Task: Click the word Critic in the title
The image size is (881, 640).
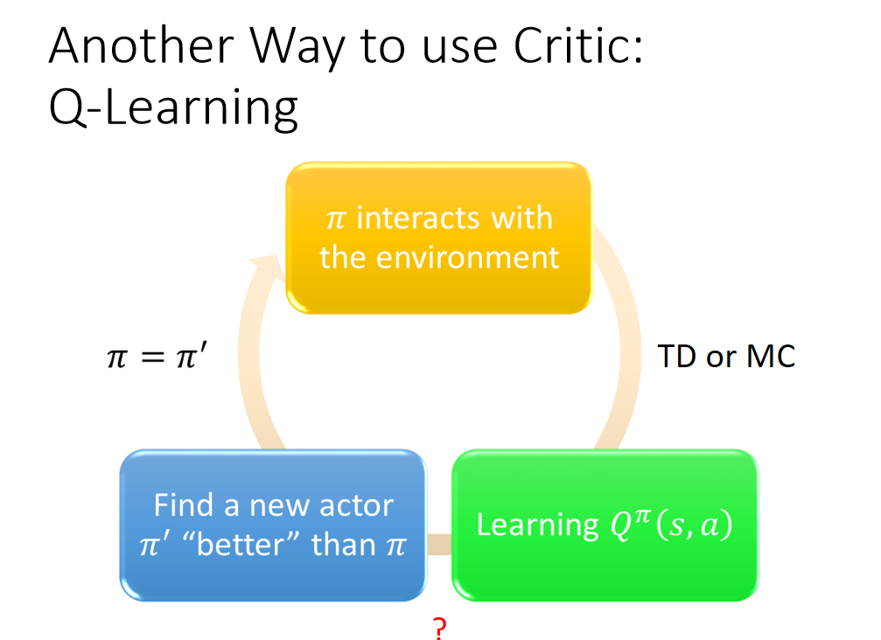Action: (x=578, y=46)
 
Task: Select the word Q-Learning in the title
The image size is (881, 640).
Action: (x=173, y=108)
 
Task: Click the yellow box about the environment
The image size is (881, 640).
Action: (x=439, y=238)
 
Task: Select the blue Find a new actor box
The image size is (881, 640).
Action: (x=273, y=525)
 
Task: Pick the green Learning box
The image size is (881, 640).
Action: (x=605, y=525)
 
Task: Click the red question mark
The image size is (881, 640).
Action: (x=440, y=629)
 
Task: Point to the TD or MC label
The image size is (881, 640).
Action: (x=726, y=356)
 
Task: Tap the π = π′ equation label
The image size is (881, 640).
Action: (x=157, y=356)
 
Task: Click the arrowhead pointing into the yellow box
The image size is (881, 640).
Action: (x=266, y=266)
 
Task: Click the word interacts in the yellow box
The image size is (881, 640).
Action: (x=418, y=218)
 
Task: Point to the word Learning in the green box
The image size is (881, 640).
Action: (x=537, y=525)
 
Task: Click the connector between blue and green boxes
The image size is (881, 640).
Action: (x=439, y=544)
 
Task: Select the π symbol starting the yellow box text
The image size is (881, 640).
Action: (x=335, y=219)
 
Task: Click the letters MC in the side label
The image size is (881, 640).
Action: (x=771, y=356)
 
